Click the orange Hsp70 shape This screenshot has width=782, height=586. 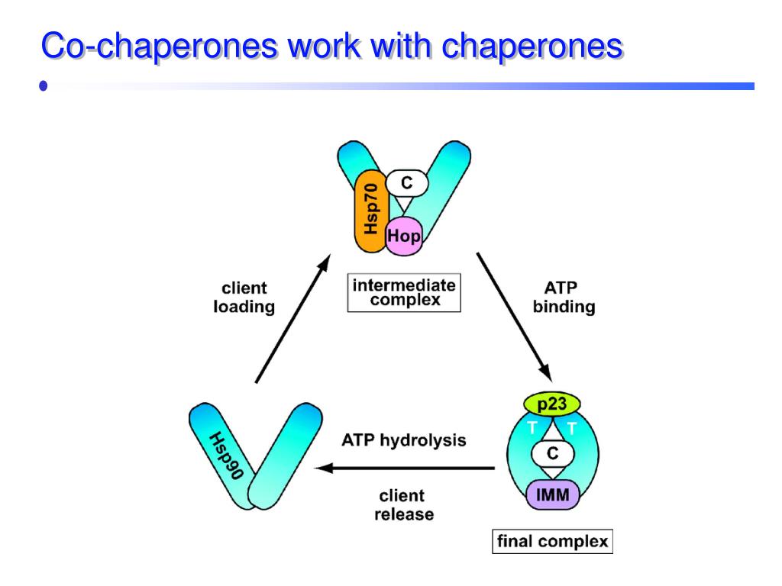coord(372,213)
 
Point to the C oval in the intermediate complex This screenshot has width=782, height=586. coord(406,183)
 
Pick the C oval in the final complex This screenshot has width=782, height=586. coord(553,453)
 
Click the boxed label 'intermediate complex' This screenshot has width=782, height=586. coord(405,293)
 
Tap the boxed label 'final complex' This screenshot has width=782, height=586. coord(552,542)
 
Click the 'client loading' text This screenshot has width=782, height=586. coord(244,298)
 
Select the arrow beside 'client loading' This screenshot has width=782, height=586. coord(292,319)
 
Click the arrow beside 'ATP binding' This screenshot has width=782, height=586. coord(513,315)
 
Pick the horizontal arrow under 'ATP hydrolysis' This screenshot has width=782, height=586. coord(405,468)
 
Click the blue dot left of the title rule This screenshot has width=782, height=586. coord(44,86)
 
